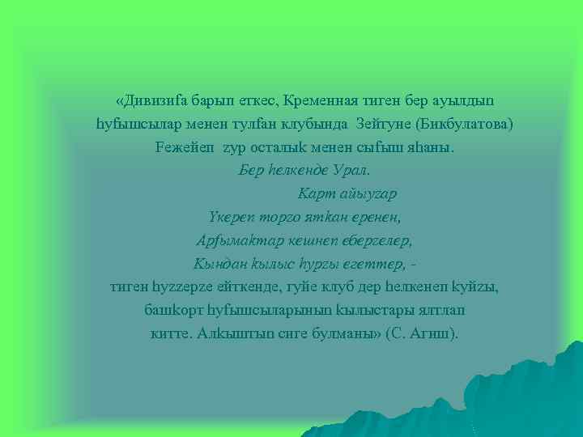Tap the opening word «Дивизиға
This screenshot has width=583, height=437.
[150, 102]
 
